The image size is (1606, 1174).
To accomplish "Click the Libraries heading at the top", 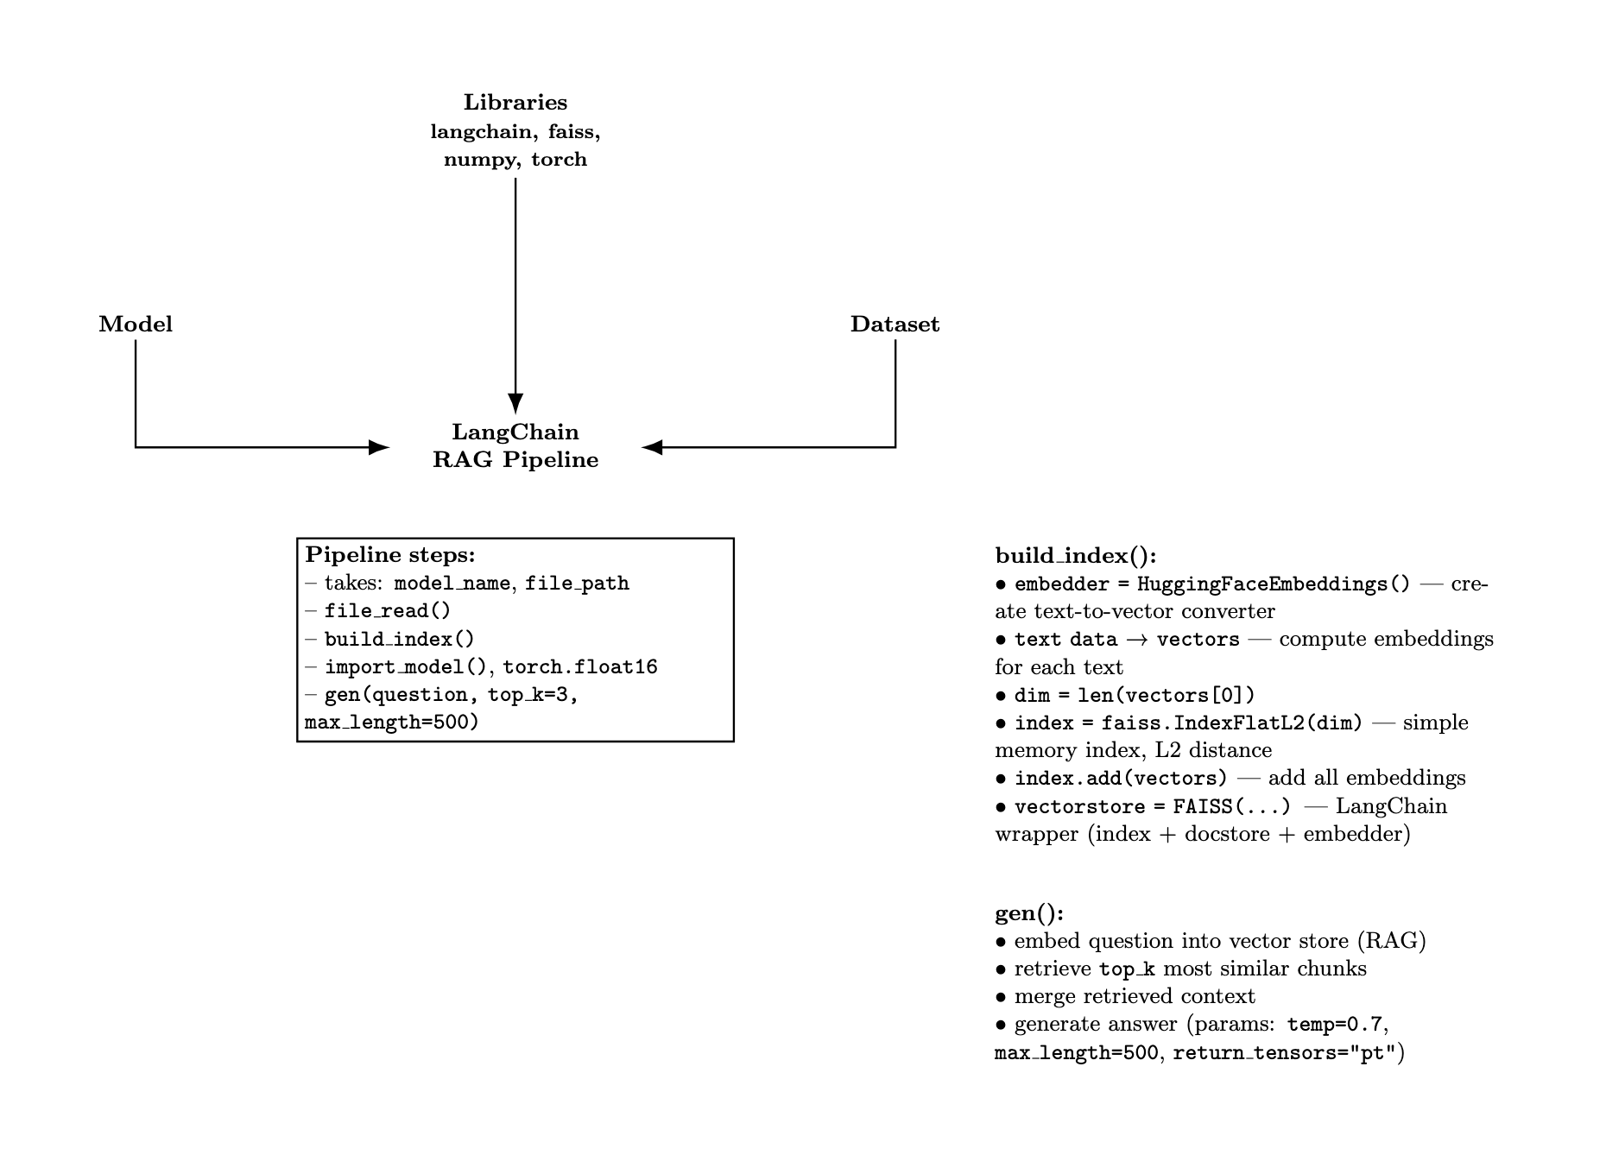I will click(515, 103).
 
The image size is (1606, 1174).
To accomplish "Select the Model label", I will click(136, 325).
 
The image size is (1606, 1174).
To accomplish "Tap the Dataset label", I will click(895, 325).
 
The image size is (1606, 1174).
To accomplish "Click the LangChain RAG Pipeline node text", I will click(515, 445).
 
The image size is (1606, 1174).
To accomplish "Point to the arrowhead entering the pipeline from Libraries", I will click(515, 404).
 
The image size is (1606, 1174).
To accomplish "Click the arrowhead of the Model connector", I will click(379, 447).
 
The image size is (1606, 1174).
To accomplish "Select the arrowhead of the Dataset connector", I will click(653, 447).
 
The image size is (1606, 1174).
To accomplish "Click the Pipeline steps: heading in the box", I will click(390, 555).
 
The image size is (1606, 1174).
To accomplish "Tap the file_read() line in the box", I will click(388, 611).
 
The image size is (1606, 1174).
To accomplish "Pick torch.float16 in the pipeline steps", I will click(580, 667).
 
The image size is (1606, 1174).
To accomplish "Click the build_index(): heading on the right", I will click(1075, 556).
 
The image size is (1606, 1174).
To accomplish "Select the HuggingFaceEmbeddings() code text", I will click(1273, 584).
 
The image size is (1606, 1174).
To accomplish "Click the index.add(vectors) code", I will click(1121, 779).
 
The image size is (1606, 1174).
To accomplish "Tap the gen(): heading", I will click(1029, 913).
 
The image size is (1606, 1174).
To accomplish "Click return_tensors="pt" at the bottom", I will click(1284, 1053).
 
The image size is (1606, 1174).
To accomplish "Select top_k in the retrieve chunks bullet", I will click(1127, 969).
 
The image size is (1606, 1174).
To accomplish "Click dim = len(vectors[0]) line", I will click(1135, 696).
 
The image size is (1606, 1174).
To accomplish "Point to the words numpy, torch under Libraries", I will click(515, 160).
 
